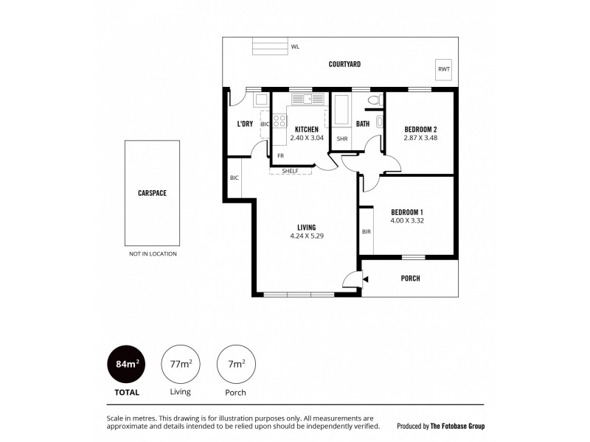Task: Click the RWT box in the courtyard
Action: click(x=443, y=69)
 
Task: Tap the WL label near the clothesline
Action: click(x=295, y=46)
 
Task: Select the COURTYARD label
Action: click(x=344, y=64)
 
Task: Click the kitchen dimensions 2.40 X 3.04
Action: click(x=305, y=138)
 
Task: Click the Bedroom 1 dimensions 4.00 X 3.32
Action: click(x=407, y=220)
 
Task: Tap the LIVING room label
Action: click(x=307, y=227)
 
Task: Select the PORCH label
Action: click(x=410, y=278)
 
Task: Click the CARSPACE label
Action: click(x=152, y=193)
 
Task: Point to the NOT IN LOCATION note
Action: click(x=153, y=253)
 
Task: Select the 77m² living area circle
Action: click(x=180, y=364)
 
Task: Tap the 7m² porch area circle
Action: click(x=235, y=364)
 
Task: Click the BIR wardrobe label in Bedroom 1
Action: click(x=367, y=231)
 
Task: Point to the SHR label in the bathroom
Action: click(x=342, y=138)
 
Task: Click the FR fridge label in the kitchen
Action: click(x=280, y=155)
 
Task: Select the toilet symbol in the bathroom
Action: click(x=373, y=101)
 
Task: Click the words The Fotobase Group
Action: click(x=458, y=426)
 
